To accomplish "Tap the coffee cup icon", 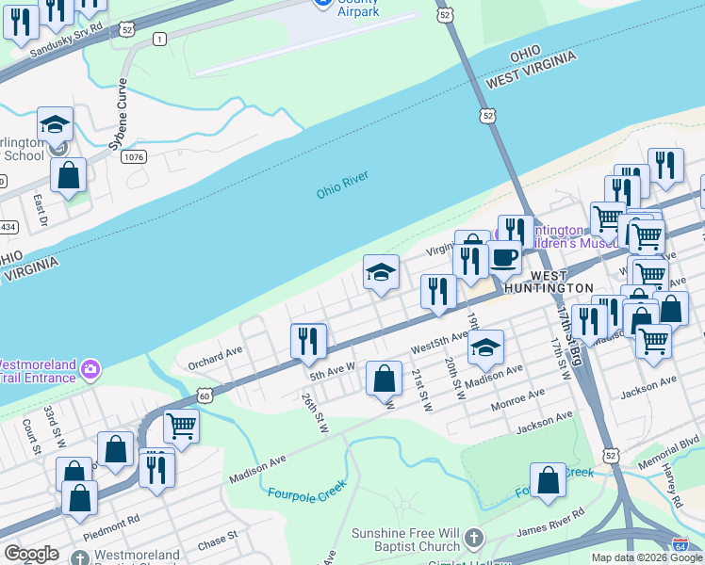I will [x=504, y=256].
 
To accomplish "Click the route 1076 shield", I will [x=133, y=157].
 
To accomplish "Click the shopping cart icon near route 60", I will [x=181, y=425].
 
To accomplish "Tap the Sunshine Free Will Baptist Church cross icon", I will [x=473, y=540].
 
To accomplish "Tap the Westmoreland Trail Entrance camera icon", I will [x=90, y=367].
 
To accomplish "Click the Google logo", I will [x=31, y=554].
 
